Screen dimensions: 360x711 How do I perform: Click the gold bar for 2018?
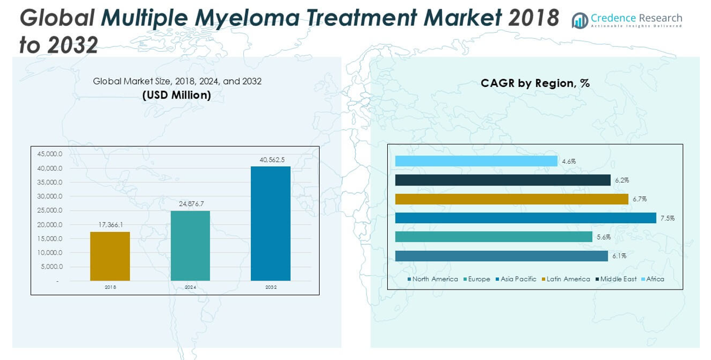point(110,256)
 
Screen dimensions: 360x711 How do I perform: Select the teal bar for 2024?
point(190,245)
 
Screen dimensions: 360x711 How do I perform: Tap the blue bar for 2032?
point(270,223)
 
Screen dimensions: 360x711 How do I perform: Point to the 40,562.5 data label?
point(272,160)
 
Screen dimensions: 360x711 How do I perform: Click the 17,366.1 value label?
point(110,225)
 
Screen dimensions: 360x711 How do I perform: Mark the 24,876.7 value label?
point(191,204)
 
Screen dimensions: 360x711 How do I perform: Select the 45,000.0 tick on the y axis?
point(49,154)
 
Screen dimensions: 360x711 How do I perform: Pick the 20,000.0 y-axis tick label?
point(49,225)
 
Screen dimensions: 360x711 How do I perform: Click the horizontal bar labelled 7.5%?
point(525,218)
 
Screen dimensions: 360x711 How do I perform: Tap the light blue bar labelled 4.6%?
point(476,161)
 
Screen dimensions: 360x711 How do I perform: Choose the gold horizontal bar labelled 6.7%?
point(511,199)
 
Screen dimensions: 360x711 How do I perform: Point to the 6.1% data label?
point(619,256)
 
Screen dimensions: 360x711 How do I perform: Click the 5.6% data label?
point(603,237)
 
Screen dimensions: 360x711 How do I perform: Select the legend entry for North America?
point(432,279)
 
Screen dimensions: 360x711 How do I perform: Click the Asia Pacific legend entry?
point(516,279)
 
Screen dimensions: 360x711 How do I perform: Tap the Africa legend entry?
point(653,279)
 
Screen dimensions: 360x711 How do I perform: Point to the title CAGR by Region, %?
point(535,83)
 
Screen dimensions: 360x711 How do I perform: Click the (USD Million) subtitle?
point(177,95)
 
